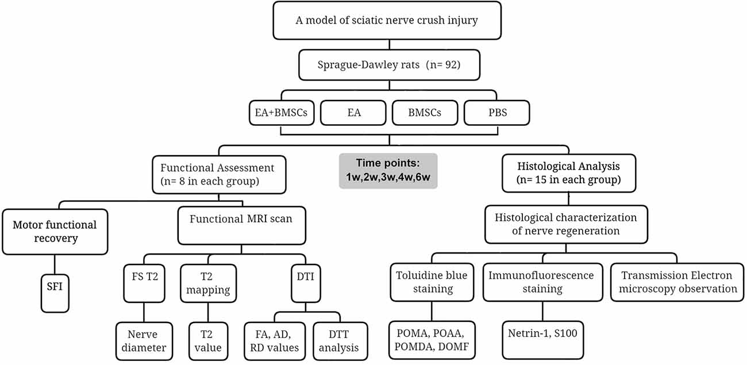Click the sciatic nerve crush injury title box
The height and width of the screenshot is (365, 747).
[387, 20]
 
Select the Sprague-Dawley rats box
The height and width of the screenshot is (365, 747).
[389, 65]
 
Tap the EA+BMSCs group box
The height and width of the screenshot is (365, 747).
[282, 113]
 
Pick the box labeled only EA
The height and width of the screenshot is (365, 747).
[353, 113]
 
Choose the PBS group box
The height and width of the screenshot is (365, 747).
[496, 113]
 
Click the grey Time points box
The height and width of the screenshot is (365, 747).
[388, 171]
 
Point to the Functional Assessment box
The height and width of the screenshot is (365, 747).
[219, 175]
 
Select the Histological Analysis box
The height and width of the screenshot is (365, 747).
[569, 173]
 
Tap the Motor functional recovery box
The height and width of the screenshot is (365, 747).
[55, 232]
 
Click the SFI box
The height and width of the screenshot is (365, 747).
[55, 293]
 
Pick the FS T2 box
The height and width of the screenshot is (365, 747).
[144, 283]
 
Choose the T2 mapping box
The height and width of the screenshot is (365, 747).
[209, 283]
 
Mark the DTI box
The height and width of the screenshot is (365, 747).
[306, 283]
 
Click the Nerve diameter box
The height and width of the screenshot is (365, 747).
[144, 341]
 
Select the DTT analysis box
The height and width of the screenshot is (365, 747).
[340, 341]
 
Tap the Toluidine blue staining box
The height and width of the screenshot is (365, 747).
[432, 282]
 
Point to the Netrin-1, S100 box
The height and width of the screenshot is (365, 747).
[542, 340]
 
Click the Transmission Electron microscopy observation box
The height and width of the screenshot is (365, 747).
[677, 282]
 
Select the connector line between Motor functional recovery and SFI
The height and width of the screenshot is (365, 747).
[55, 264]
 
